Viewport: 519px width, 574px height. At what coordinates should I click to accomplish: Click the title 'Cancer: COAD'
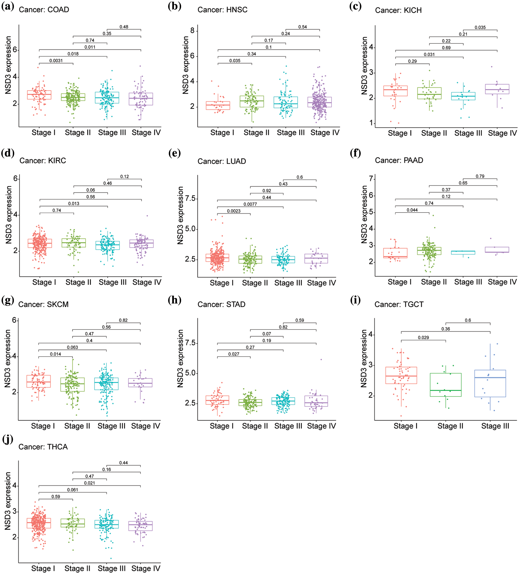pos(44,10)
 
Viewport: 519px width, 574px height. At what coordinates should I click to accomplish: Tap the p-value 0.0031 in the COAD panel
pos(56,61)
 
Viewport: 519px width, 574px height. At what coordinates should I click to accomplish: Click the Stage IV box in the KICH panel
pos(497,89)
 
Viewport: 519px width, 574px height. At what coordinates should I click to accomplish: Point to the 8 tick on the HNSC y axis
pos(193,31)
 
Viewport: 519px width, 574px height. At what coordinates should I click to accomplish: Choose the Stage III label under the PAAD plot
pos(468,282)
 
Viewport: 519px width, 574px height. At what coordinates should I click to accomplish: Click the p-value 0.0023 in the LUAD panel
pos(234,211)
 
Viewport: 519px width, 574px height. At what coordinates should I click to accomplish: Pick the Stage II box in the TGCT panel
pos(446,385)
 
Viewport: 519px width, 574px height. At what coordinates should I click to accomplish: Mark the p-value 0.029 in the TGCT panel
pos(423,337)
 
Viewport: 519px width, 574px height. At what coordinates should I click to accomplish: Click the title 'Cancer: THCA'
pos(43,447)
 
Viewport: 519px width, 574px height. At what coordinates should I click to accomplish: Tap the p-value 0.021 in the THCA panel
pos(89,483)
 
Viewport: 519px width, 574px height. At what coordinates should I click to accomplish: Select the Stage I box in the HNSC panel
pos(218,105)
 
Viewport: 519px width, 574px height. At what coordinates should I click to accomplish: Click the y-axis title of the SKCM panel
pos(8,358)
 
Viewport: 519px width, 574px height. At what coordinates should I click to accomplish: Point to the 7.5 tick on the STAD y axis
pos(190,343)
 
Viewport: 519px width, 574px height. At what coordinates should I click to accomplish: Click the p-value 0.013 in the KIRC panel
pos(73,204)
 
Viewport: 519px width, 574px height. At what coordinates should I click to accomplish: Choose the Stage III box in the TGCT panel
pos(490,383)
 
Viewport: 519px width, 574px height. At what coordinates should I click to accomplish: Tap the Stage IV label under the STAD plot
pos(322,426)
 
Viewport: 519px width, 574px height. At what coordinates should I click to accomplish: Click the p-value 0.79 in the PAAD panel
pos(480,176)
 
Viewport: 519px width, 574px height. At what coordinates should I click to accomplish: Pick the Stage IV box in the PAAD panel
pos(497,250)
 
